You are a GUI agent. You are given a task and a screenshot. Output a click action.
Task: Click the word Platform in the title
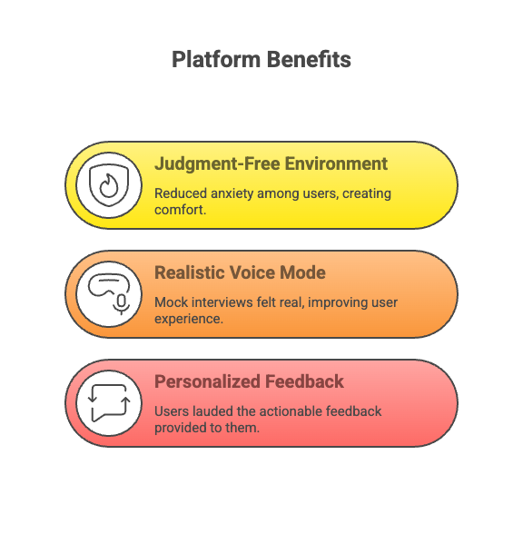pyautogui.click(x=216, y=60)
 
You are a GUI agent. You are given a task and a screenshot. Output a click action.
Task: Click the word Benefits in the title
pyautogui.click(x=309, y=59)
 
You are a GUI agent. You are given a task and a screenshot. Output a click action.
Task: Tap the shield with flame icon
pyautogui.click(x=109, y=185)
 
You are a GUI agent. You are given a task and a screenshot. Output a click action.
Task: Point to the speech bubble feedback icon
pyautogui.click(x=109, y=403)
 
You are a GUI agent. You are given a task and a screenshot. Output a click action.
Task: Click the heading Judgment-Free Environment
pyautogui.click(x=271, y=164)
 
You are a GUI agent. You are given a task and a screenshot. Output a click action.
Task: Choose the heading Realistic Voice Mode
pyautogui.click(x=240, y=272)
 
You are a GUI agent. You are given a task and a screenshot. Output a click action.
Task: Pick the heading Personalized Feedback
pyautogui.click(x=249, y=381)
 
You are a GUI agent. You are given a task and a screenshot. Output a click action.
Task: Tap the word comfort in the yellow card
pyautogui.click(x=180, y=210)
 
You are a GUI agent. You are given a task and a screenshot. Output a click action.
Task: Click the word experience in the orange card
pyautogui.click(x=189, y=320)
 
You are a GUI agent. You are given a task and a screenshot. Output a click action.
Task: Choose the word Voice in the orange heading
pyautogui.click(x=252, y=272)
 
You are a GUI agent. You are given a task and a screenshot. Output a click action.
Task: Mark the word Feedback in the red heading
pyautogui.click(x=304, y=381)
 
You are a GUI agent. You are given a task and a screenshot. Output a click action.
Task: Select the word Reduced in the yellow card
pyautogui.click(x=181, y=193)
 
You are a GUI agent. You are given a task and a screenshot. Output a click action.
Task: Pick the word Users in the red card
pyautogui.click(x=172, y=411)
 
